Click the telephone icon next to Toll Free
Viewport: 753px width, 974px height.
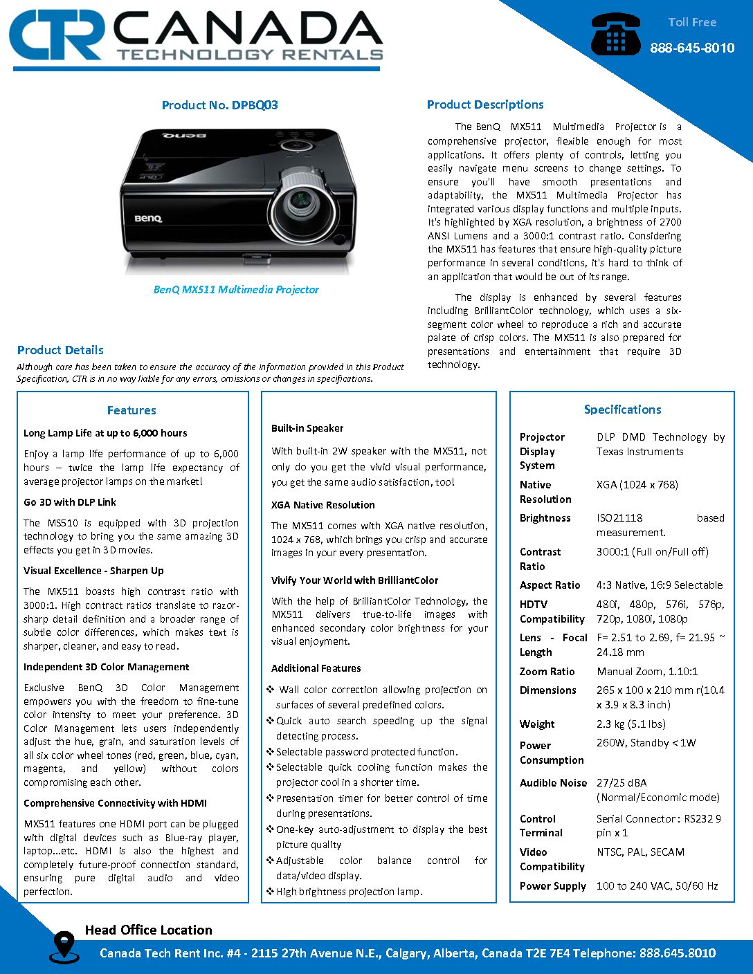[615, 35]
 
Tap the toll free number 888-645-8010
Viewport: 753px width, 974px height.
[691, 48]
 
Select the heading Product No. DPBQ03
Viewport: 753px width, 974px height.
[219, 105]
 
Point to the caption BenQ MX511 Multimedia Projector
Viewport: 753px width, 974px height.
[236, 289]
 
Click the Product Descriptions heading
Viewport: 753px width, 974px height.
[484, 104]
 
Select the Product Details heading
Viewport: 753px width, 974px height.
[60, 350]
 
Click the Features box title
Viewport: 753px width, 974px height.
[131, 410]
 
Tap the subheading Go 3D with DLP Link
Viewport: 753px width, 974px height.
[70, 502]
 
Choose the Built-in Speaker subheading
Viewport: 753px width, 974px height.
[307, 428]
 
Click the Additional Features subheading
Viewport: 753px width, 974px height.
[316, 668]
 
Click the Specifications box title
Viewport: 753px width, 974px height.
[622, 410]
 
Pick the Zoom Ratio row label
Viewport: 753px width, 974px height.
[547, 671]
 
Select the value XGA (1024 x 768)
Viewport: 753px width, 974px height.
[637, 484]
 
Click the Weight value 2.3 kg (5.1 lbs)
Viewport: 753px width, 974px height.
[630, 724]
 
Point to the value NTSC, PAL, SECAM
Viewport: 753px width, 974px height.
[640, 852]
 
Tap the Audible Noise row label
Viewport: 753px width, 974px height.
[553, 782]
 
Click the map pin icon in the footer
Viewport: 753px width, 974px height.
[63, 946]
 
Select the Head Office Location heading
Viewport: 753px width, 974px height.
[148, 930]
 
